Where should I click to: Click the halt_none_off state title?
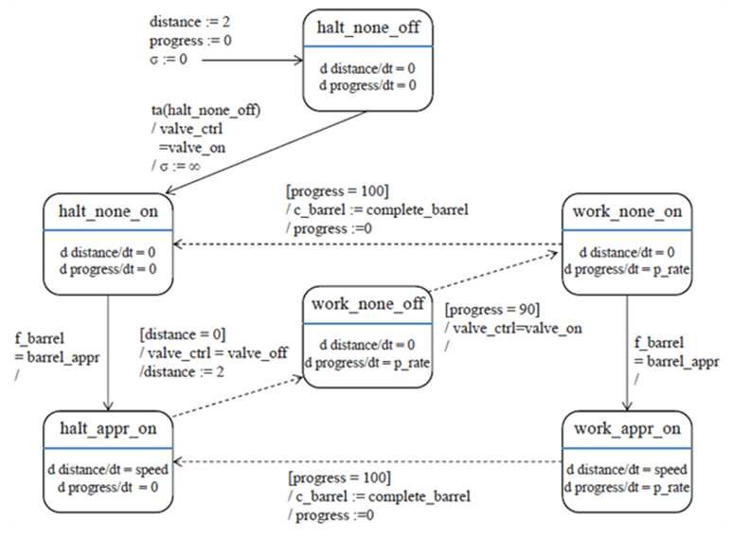tap(367, 27)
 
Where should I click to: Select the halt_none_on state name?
tap(108, 211)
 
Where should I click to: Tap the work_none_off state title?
tap(367, 304)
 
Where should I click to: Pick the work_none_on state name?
tap(628, 211)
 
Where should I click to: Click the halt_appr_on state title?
tap(108, 429)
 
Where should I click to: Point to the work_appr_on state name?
tap(628, 429)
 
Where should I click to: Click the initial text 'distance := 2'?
tap(189, 22)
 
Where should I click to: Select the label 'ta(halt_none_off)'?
tap(205, 110)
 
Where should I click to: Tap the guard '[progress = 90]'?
tap(492, 310)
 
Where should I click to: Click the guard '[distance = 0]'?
tap(183, 334)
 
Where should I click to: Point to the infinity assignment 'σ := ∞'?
tap(176, 166)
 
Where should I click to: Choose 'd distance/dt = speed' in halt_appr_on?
tap(108, 470)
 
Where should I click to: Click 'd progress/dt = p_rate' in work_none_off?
tap(367, 363)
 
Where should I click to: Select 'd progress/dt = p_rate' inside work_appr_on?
tap(627, 487)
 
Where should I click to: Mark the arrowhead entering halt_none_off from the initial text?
tap(299, 61)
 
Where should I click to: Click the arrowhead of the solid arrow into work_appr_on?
tap(628, 405)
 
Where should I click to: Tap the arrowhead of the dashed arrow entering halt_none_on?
tap(178, 244)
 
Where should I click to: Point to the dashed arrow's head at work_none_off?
tap(298, 377)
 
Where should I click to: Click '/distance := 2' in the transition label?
tap(182, 371)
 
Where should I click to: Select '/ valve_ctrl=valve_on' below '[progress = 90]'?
tap(513, 329)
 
